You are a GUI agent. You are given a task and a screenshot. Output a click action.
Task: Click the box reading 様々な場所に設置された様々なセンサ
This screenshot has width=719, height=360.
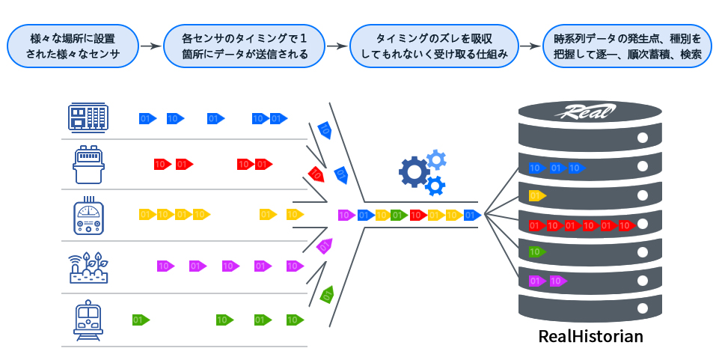74,47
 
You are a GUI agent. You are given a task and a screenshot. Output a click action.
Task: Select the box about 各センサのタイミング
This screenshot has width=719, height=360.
245,47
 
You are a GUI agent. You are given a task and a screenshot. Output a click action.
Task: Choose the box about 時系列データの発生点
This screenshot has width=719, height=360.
627,47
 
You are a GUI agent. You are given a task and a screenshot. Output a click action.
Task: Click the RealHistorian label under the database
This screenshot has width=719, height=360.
590,336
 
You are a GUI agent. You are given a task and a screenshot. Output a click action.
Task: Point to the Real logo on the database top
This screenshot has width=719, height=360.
587,113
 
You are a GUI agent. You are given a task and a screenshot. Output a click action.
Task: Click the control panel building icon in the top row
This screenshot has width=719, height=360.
88,118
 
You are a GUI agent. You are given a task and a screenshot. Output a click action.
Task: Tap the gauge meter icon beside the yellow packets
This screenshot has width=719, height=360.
88,215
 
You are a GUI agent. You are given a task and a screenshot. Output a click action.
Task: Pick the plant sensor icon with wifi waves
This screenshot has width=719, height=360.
88,266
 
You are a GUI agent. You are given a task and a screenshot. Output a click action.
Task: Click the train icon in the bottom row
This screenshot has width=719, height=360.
88,320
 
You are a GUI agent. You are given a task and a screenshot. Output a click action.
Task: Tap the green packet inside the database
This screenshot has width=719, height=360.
536,252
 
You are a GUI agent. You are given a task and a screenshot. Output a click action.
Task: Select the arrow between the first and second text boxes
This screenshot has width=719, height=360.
151,46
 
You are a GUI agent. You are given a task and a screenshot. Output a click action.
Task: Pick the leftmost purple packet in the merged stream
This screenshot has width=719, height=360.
346,216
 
